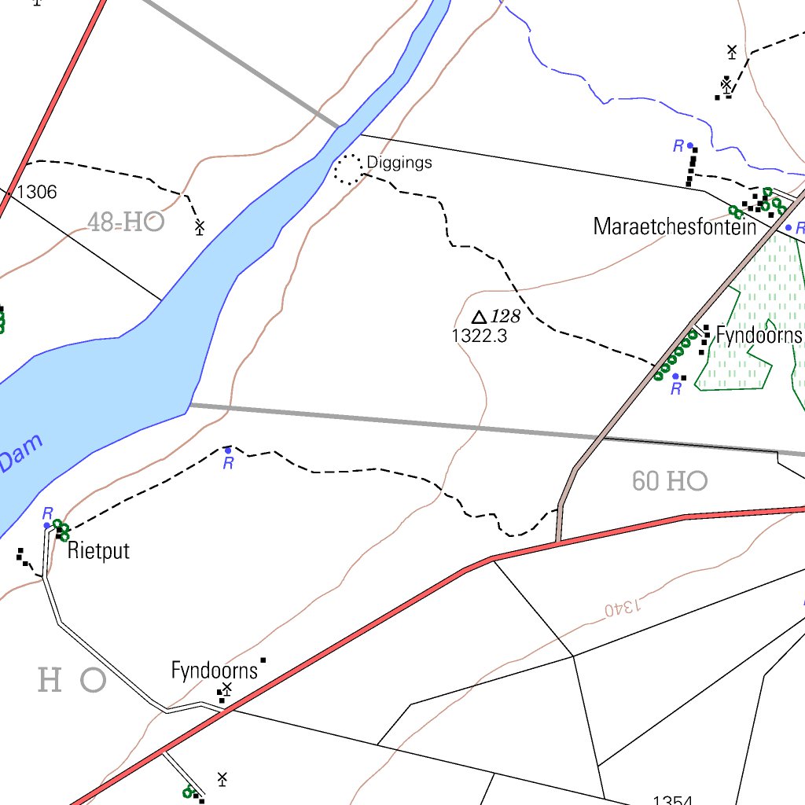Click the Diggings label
point(399,164)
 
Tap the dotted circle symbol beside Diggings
point(348,169)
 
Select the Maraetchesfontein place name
point(675,228)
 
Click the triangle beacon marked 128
point(479,318)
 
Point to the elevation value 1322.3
point(480,336)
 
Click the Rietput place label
point(98,550)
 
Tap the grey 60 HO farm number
point(670,481)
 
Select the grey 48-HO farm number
point(126,222)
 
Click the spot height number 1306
point(36,192)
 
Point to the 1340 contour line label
point(623,607)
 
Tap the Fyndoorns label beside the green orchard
point(759,336)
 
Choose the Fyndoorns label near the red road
point(215,671)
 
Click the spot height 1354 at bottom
point(672,800)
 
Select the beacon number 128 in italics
point(505,317)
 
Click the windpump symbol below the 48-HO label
point(200,227)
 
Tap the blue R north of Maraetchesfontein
point(678,145)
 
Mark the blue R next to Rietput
point(47,513)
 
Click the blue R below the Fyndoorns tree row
point(675,389)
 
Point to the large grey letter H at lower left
point(50,679)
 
